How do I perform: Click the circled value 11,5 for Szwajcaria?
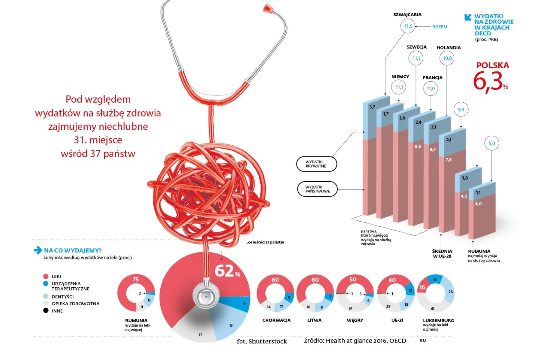click(x=408, y=26)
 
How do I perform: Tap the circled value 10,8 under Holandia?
click(x=447, y=58)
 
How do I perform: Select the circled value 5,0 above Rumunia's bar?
click(x=492, y=143)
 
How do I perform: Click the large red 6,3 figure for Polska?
click(x=488, y=82)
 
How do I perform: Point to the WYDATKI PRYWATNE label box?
click(x=316, y=164)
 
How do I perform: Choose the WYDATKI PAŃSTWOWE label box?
click(x=317, y=189)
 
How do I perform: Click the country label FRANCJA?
click(x=432, y=78)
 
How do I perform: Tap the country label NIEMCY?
click(x=400, y=77)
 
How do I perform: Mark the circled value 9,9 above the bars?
click(x=461, y=110)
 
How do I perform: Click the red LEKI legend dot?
click(x=46, y=276)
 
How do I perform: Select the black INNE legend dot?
click(x=46, y=311)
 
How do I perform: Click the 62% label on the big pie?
click(x=227, y=271)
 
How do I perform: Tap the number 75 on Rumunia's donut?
click(x=136, y=279)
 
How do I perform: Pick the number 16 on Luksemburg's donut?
click(x=422, y=287)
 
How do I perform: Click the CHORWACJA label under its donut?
click(x=276, y=320)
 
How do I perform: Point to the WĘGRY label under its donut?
click(x=355, y=320)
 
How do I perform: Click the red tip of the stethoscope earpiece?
click(x=267, y=8)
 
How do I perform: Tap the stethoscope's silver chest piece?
click(x=206, y=297)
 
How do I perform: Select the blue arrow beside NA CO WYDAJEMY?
click(x=38, y=250)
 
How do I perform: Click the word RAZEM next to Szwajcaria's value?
click(x=440, y=27)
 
